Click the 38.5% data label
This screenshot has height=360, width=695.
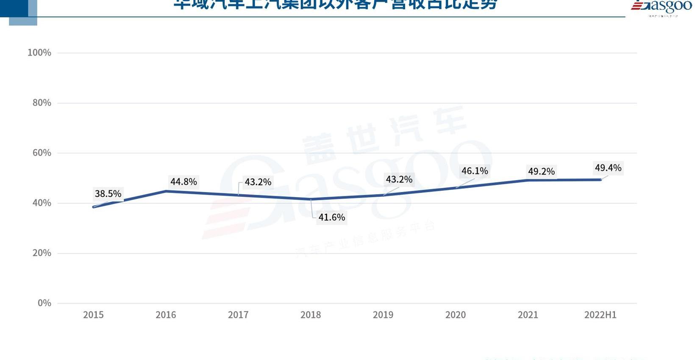tap(108, 194)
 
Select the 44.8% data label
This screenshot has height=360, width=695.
tap(183, 182)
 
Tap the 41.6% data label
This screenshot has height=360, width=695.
tap(331, 218)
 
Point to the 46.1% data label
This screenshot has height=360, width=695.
tap(475, 171)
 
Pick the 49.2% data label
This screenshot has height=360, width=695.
tap(541, 171)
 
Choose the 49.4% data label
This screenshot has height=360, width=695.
tap(608, 168)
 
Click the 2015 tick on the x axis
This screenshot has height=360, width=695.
tap(93, 315)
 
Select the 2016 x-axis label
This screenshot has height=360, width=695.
tap(166, 315)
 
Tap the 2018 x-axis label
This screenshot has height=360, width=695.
tap(311, 315)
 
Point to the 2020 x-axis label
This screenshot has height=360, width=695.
tap(456, 315)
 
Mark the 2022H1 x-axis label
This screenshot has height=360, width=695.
tap(600, 315)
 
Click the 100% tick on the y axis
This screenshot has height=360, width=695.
tap(39, 53)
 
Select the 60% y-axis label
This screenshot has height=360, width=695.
tap(42, 153)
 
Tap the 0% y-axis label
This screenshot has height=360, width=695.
tap(44, 303)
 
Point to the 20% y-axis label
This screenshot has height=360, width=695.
tap(42, 253)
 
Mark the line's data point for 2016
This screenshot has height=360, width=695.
tap(166, 191)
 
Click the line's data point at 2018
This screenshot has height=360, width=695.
tap(311, 199)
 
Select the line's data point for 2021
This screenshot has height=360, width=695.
tap(528, 180)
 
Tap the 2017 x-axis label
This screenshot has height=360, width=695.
tap(238, 315)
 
